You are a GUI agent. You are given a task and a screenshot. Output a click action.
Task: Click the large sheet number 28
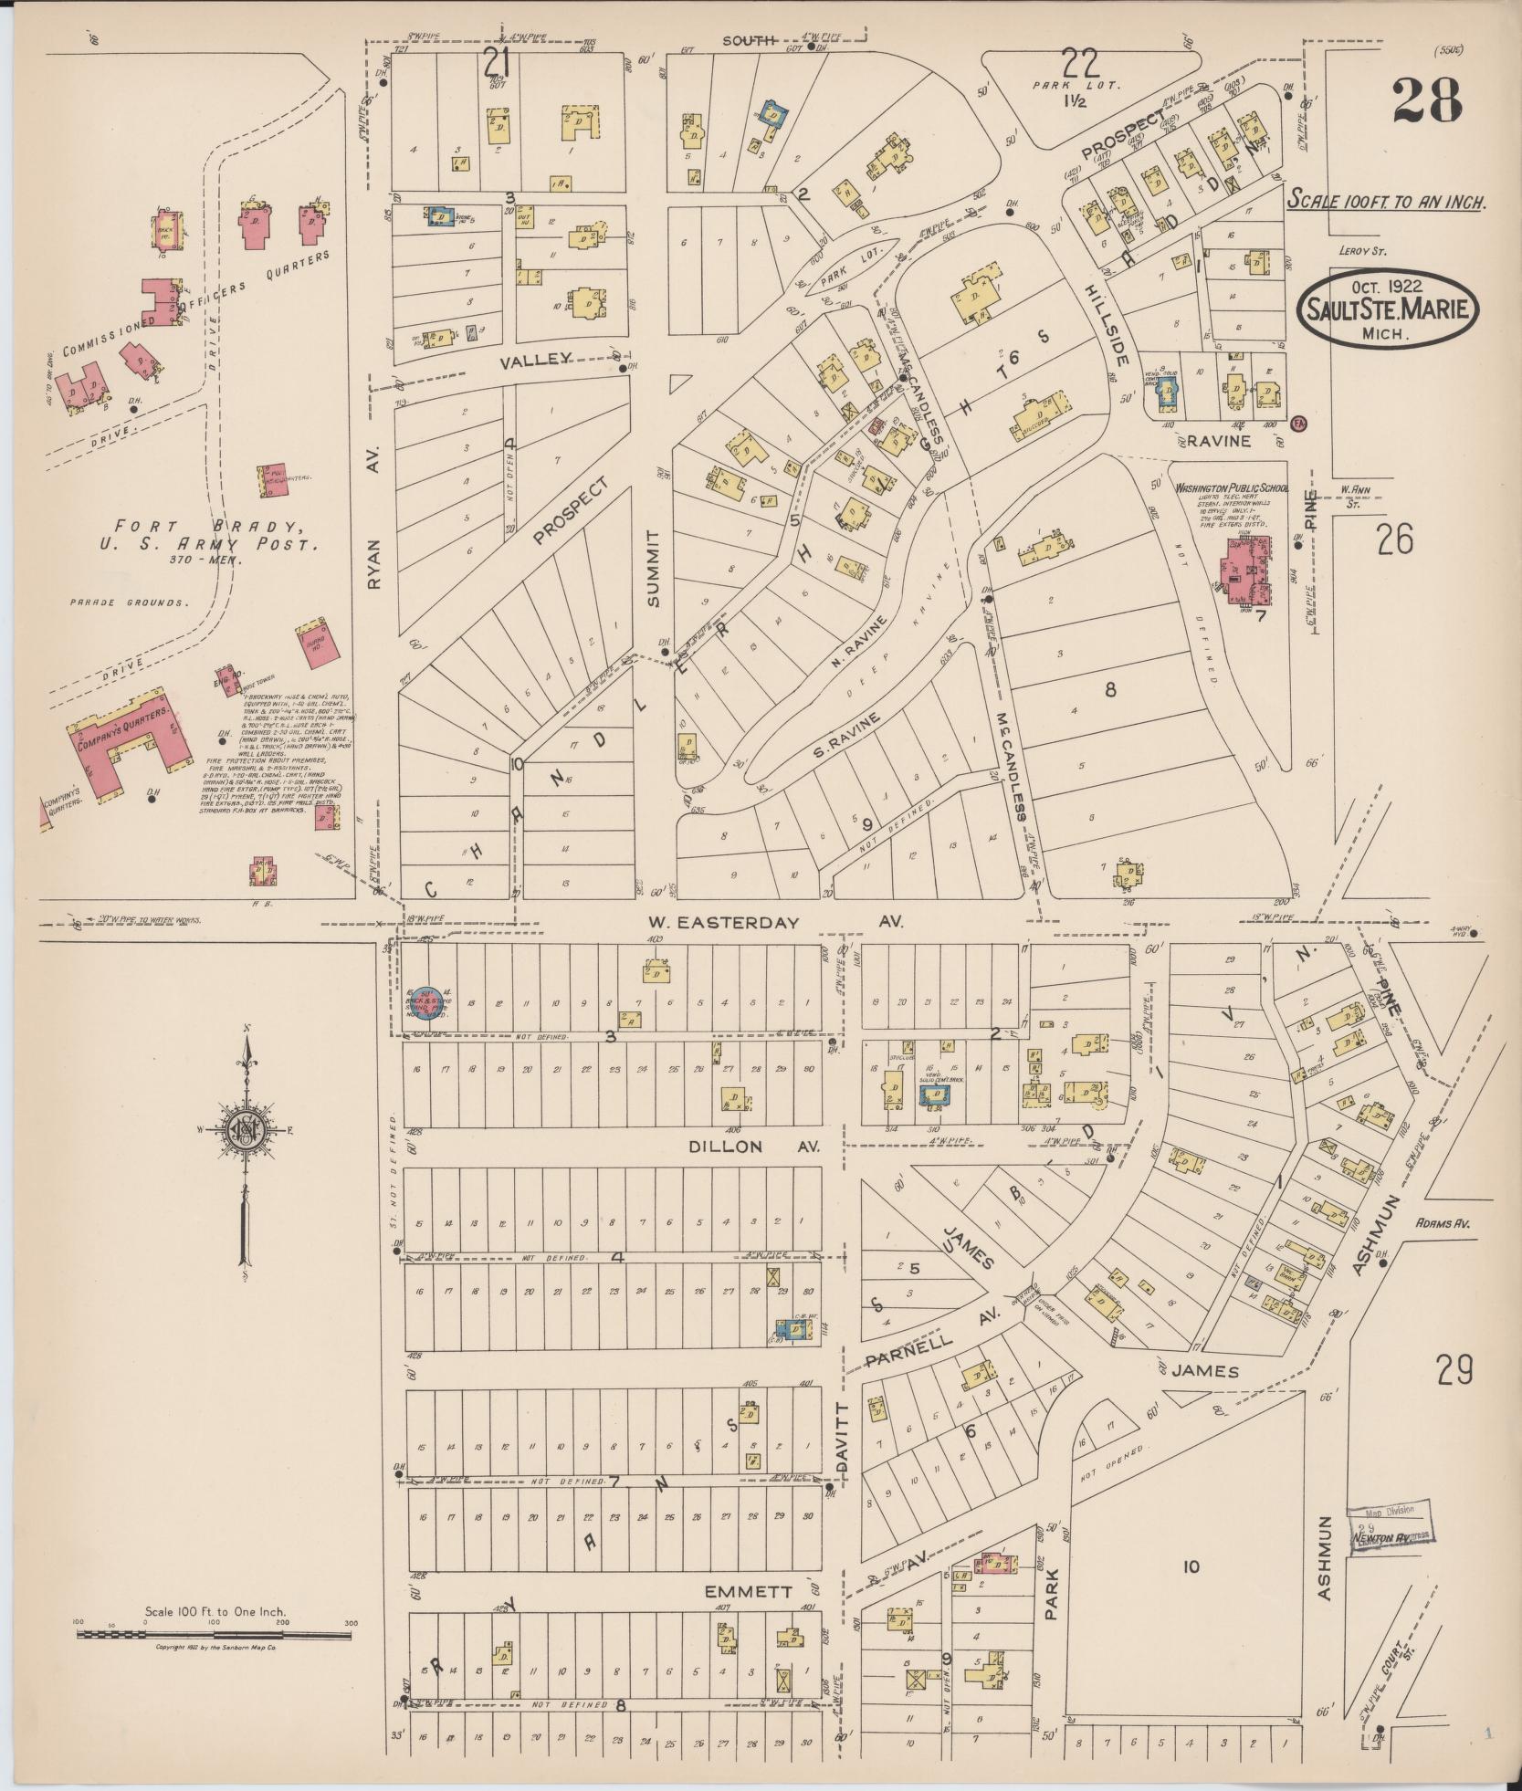click(x=1427, y=99)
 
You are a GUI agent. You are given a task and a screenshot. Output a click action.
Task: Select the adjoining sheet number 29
click(x=1454, y=1370)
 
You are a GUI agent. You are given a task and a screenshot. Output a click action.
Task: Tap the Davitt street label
click(x=842, y=1439)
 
